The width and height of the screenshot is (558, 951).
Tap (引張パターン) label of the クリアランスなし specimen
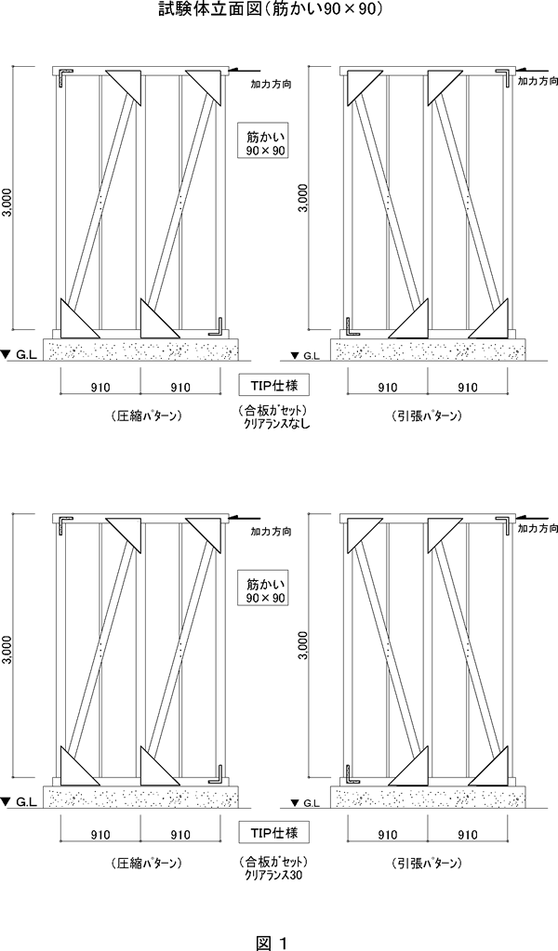click(x=427, y=416)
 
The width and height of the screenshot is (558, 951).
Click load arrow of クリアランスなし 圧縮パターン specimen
click(x=245, y=71)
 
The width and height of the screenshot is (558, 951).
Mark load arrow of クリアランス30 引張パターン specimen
click(x=531, y=519)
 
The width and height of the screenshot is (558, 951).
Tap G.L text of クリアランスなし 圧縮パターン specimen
click(x=27, y=355)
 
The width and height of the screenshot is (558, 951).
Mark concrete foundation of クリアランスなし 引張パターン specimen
click(x=427, y=350)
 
